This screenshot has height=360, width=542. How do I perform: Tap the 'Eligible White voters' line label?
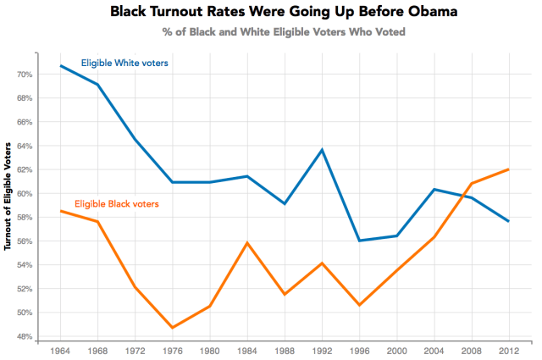click(125, 63)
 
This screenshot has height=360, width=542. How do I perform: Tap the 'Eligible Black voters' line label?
click(117, 204)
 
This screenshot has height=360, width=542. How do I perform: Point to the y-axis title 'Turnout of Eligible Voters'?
click(9, 196)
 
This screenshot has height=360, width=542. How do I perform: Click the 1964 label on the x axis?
click(61, 350)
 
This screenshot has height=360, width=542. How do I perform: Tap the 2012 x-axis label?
click(508, 350)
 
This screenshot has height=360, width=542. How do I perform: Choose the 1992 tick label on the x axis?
click(322, 350)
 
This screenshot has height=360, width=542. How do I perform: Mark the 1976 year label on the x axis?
click(173, 350)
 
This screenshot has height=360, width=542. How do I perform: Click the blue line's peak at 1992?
click(322, 150)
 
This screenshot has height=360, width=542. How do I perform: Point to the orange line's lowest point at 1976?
click(173, 328)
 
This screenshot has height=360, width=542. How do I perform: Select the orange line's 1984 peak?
click(247, 243)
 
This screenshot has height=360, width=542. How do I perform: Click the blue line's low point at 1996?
click(359, 241)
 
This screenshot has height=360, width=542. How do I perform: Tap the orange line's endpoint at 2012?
click(508, 169)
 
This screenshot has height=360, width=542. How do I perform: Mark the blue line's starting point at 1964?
click(61, 66)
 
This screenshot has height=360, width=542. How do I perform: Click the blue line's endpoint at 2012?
click(508, 221)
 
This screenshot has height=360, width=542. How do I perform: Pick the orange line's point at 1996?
click(359, 305)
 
